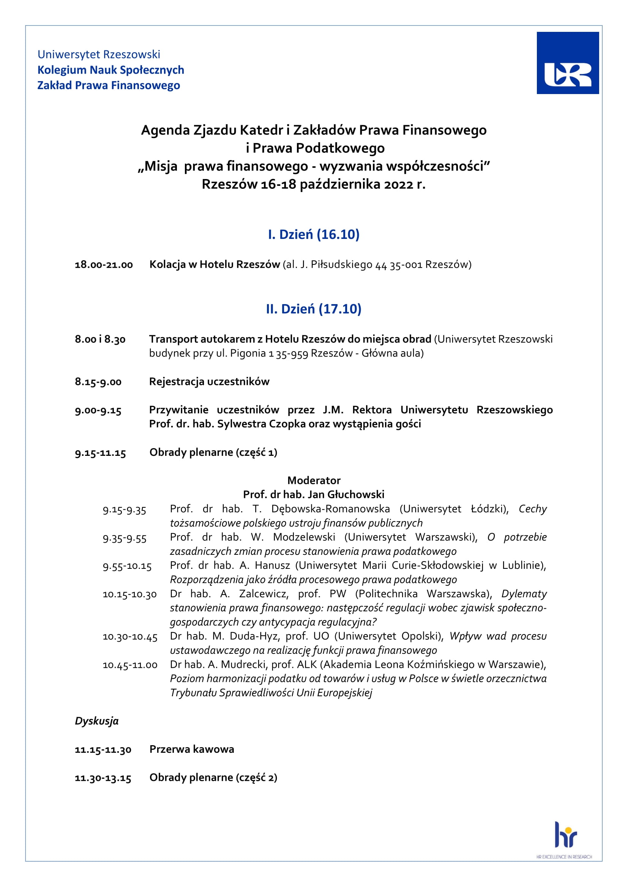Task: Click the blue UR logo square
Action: click(x=567, y=63)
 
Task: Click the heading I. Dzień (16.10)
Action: click(x=314, y=234)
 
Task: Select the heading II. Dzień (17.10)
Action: click(x=314, y=309)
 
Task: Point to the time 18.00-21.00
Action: click(x=104, y=265)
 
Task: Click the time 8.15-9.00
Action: click(x=98, y=382)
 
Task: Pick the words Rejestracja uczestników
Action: click(x=209, y=382)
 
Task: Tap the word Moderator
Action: click(x=314, y=480)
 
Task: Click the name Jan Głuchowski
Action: click(x=355, y=495)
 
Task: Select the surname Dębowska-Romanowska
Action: click(x=330, y=509)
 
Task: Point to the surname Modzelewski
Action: click(x=304, y=537)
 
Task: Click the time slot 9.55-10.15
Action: click(x=127, y=566)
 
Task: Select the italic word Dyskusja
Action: click(x=97, y=721)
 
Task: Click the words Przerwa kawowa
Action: click(x=192, y=749)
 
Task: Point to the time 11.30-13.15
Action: click(x=103, y=778)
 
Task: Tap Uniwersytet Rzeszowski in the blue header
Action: click(x=99, y=55)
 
